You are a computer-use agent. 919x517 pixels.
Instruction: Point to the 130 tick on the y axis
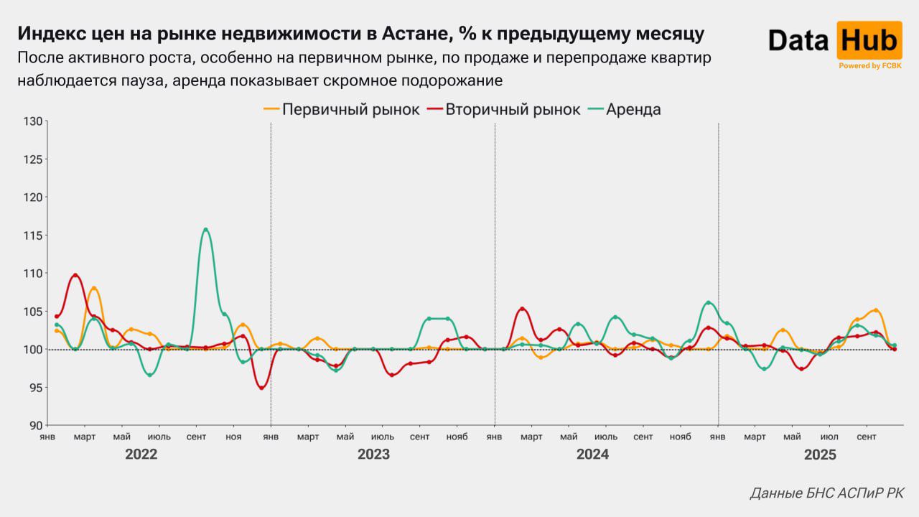point(33,121)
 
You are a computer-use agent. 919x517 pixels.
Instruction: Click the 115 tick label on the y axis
point(33,235)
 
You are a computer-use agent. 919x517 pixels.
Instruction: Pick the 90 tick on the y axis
point(36,425)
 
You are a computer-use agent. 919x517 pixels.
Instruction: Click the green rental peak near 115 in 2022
point(205,230)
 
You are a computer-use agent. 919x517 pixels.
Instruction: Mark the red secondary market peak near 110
point(75,275)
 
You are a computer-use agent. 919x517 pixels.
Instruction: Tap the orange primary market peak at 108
point(94,288)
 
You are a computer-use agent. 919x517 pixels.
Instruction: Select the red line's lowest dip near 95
point(261,388)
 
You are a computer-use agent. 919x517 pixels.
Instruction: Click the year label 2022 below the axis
point(141,455)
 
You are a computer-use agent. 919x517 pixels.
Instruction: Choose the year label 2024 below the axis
point(592,455)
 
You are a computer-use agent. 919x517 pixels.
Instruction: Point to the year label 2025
point(820,455)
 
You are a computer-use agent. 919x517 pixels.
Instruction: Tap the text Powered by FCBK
point(869,65)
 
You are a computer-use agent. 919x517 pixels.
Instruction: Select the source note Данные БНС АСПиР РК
point(826,493)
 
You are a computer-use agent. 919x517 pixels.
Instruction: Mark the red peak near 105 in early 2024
point(523,309)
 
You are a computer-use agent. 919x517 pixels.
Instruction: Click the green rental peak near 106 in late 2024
point(708,302)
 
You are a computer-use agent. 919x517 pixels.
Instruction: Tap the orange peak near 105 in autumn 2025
point(875,311)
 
